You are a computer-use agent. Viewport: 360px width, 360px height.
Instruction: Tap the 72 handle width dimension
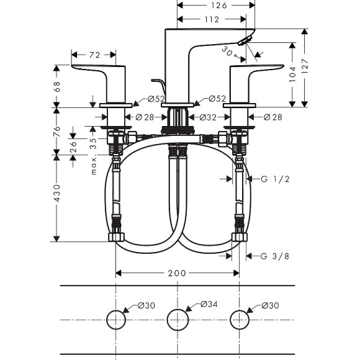point(95,55)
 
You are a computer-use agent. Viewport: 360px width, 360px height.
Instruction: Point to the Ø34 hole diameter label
point(209,304)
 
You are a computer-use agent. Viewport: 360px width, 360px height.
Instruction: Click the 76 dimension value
point(57,131)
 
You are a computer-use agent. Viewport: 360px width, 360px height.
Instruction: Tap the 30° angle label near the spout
point(228,54)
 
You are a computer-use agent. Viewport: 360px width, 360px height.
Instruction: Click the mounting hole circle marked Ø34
point(178,320)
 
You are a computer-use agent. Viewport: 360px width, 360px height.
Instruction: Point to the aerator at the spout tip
point(247,41)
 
